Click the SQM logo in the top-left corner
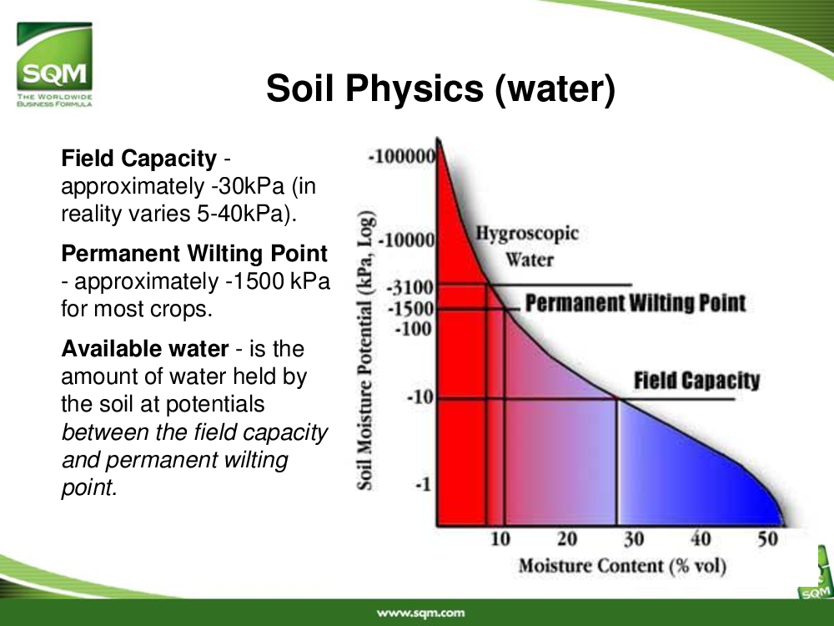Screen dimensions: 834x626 point(54,64)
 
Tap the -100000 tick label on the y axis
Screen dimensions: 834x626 point(402,157)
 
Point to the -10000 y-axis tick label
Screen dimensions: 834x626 point(406,240)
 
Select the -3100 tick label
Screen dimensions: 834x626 point(410,288)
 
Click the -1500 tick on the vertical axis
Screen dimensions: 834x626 point(410,309)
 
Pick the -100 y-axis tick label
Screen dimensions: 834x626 point(414,329)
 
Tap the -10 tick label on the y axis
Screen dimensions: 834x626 point(420,397)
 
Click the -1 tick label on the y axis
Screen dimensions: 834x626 point(423,484)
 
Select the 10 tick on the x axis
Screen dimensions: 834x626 point(500,539)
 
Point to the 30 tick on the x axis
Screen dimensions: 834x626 point(634,539)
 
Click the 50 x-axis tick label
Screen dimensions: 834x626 point(767,539)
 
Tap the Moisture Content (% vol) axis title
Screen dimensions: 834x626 point(622,566)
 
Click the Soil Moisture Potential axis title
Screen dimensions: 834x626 point(365,351)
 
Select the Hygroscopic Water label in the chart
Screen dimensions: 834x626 point(527,246)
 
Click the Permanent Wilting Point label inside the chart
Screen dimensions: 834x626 point(636,304)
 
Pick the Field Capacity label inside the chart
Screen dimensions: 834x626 point(696,381)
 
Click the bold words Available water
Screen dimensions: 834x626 point(145,349)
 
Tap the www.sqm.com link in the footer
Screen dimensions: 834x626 point(420,613)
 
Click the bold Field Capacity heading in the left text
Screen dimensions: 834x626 point(138,159)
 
